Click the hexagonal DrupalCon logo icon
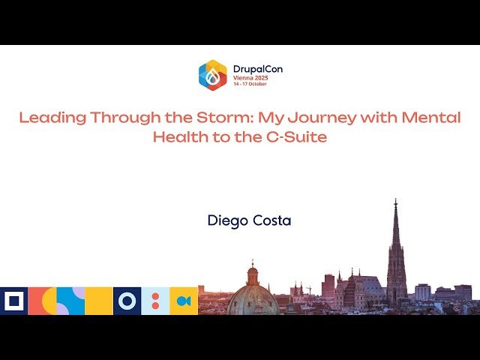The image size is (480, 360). [x=212, y=75]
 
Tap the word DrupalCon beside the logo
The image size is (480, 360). [x=257, y=69]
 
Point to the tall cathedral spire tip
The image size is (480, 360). [x=395, y=200]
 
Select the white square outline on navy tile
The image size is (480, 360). [x=13, y=301]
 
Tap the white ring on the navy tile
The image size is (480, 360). [x=127, y=301]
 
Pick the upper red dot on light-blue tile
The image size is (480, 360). [x=155, y=296]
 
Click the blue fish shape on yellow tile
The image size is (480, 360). [x=184, y=301]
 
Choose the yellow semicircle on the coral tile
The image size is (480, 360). [x=47, y=301]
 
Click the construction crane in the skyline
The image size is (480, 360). [x=307, y=286]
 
